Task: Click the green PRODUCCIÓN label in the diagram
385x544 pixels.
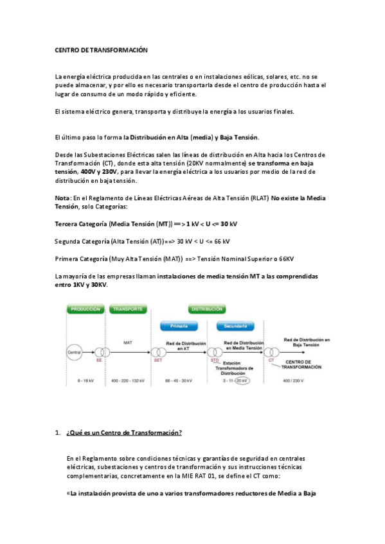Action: click(85, 309)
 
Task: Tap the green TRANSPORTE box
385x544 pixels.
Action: click(127, 309)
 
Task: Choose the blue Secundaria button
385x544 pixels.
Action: click(236, 326)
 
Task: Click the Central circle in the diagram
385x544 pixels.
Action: click(75, 352)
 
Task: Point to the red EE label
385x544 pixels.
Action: click(98, 361)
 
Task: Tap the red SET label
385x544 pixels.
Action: click(157, 361)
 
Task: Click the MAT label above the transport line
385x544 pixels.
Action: click(127, 343)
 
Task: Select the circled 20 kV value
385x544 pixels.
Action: click(242, 380)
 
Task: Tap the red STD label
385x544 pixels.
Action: click(215, 361)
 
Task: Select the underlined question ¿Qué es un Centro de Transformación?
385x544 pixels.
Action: click(124, 433)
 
